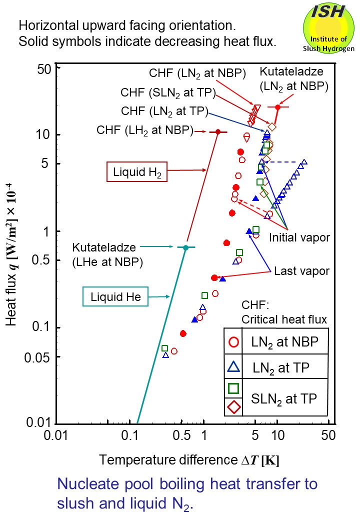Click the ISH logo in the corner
[x=328, y=27]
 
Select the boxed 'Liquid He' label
[x=116, y=297]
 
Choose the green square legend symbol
[x=233, y=387]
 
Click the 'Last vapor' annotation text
[x=301, y=271]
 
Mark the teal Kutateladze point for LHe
[x=185, y=247]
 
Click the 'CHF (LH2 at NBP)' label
[x=145, y=131]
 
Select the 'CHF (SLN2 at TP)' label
[x=168, y=93]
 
